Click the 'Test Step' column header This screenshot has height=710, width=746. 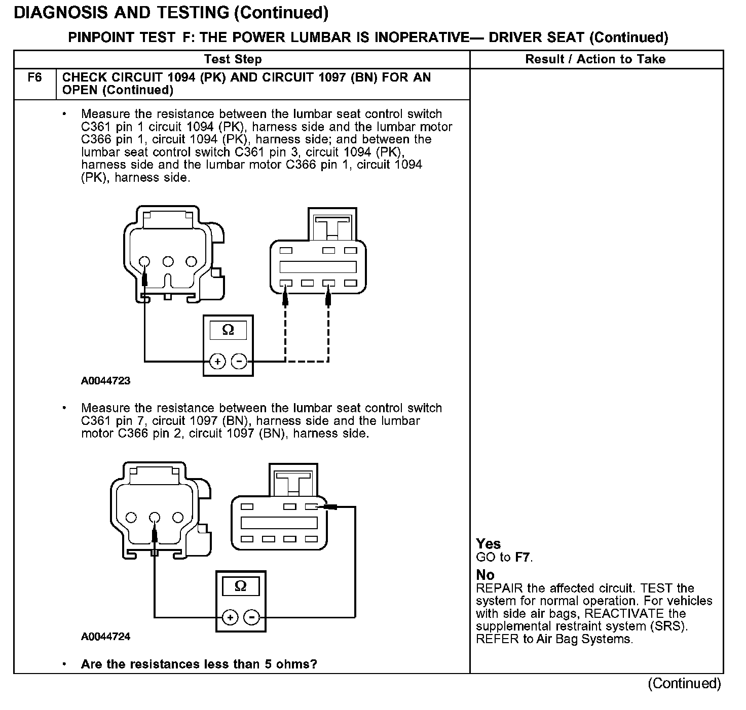click(233, 59)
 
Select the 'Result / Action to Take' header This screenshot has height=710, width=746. click(595, 59)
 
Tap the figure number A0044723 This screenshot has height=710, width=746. click(105, 381)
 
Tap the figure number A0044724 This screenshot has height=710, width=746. click(105, 637)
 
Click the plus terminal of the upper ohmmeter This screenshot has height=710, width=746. click(217, 362)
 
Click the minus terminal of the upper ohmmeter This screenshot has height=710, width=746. click(239, 362)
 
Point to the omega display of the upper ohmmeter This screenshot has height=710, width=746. click(228, 330)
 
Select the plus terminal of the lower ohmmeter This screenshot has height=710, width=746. click(230, 617)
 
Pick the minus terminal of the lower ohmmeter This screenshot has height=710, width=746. click(251, 617)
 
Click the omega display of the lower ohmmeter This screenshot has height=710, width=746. click(241, 586)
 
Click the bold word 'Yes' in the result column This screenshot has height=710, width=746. click(488, 544)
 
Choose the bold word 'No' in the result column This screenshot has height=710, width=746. click(485, 575)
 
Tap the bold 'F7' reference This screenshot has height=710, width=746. click(523, 558)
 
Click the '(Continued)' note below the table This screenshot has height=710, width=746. click(684, 684)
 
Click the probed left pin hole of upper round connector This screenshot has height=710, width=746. click(144, 262)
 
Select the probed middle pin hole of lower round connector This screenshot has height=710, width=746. click(155, 518)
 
